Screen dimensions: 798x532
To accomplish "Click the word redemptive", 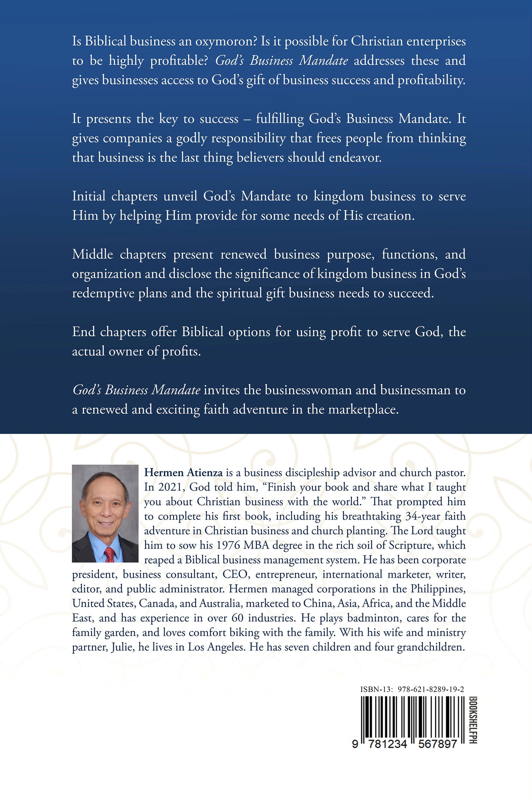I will pyautogui.click(x=103, y=293).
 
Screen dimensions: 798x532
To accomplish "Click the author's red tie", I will pyautogui.click(x=109, y=554).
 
